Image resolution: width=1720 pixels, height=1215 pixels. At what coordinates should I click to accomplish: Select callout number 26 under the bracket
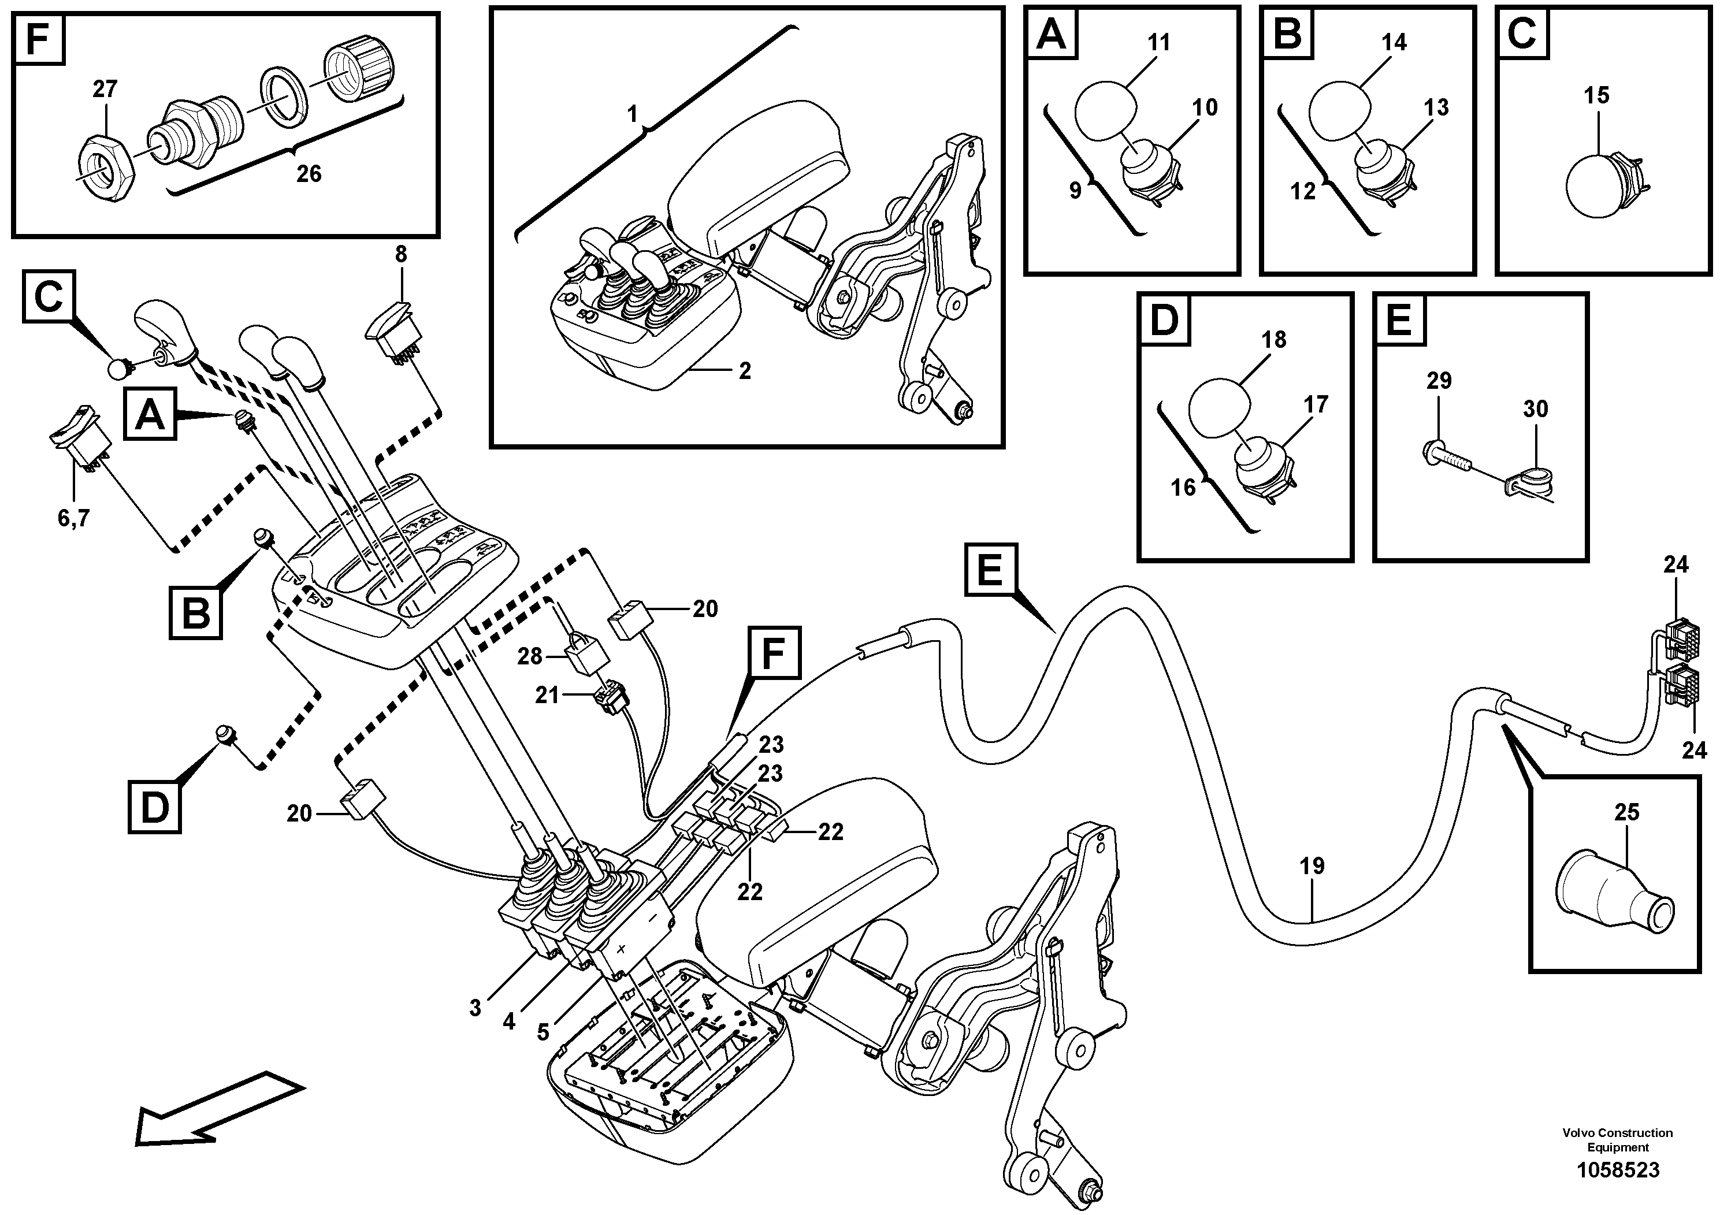coord(309,174)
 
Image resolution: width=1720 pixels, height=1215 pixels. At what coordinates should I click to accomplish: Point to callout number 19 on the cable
coord(1312,867)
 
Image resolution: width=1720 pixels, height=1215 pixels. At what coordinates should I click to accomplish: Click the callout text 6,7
coord(73,518)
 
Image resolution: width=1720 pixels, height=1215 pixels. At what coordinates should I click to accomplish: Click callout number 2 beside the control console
coord(744,371)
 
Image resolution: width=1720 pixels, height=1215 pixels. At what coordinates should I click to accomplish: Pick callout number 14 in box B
coord(1394,43)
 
